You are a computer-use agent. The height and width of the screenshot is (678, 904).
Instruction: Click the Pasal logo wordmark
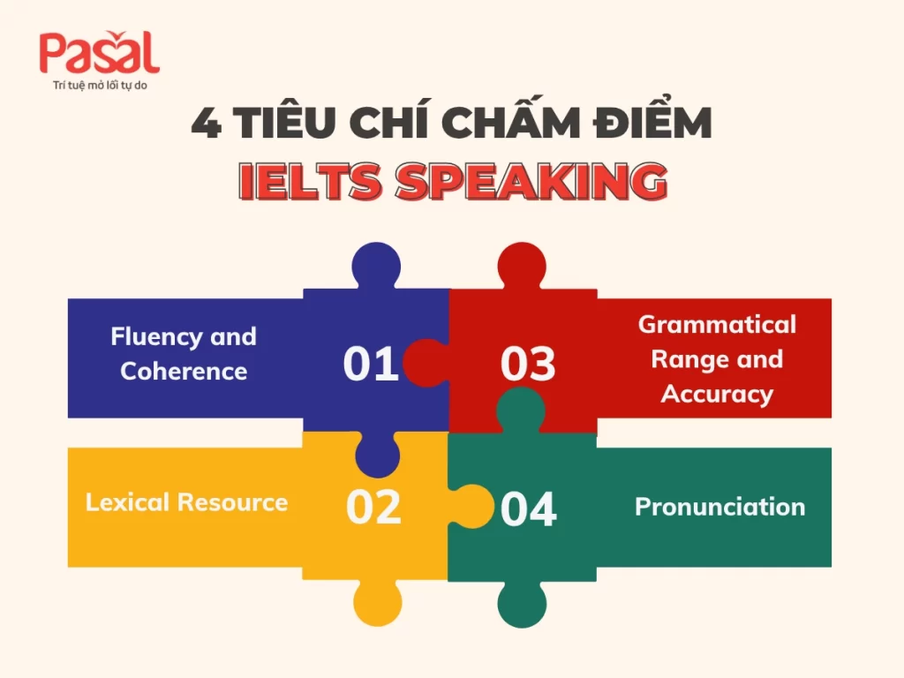click(99, 52)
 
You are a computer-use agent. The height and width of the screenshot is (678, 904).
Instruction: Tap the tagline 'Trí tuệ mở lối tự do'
click(100, 86)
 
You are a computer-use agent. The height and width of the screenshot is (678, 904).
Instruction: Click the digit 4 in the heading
click(206, 123)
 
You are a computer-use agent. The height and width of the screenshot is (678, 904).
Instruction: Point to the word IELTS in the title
click(310, 182)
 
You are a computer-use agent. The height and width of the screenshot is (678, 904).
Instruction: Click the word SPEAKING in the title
click(531, 182)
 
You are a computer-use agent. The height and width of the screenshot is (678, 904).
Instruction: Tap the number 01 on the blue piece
click(371, 364)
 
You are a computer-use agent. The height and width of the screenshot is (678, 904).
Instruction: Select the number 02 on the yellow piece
click(373, 508)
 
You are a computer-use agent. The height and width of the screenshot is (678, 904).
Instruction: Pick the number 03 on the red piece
click(528, 364)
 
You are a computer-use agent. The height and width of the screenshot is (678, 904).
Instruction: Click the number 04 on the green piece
click(528, 509)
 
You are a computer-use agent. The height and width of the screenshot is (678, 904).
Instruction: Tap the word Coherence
click(184, 372)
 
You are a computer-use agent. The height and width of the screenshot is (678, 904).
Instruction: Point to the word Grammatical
click(717, 325)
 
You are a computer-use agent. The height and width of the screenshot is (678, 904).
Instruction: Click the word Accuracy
click(717, 395)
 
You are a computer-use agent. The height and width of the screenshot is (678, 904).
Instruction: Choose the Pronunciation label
click(720, 507)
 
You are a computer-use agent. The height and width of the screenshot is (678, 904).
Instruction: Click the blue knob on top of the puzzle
click(376, 265)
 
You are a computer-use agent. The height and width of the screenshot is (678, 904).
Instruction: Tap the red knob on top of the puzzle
click(522, 265)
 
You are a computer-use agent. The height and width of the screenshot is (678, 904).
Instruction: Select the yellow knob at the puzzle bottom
click(378, 602)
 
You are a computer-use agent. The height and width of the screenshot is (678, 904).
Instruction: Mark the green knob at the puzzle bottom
click(522, 604)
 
